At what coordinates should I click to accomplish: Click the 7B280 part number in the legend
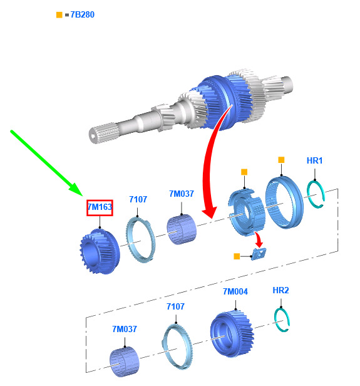[83, 15]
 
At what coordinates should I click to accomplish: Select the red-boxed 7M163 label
[100, 207]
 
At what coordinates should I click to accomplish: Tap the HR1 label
[314, 160]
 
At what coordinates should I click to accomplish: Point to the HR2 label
[280, 290]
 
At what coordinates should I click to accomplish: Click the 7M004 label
[235, 292]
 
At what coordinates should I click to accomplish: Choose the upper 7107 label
[138, 199]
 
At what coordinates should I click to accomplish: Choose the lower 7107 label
[175, 306]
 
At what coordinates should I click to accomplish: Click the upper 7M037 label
[182, 194]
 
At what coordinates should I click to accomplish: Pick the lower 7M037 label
[125, 329]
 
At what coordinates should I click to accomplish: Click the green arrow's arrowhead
[78, 189]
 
